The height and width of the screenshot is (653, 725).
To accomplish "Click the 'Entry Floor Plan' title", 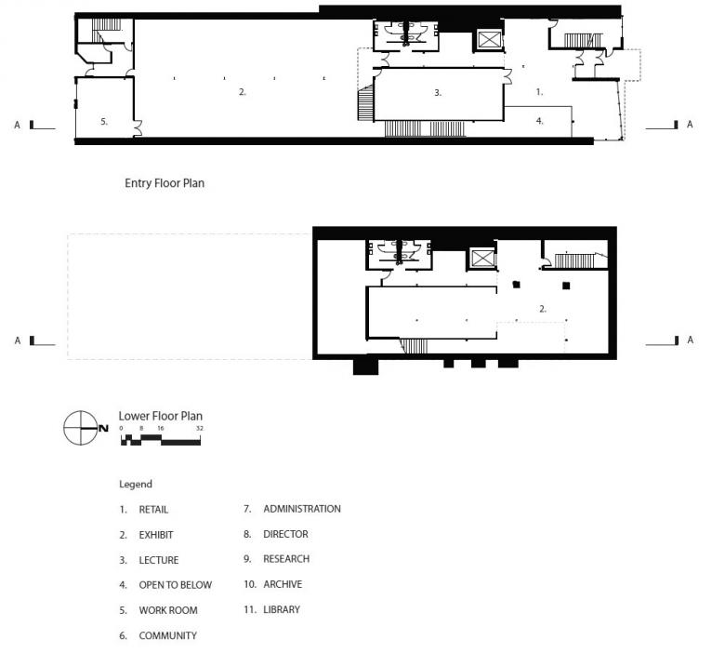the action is [x=165, y=183].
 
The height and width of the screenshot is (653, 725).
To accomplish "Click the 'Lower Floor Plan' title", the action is [x=161, y=416].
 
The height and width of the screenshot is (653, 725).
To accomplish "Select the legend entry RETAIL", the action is [x=144, y=510].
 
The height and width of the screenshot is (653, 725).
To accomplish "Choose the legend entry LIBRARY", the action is [x=271, y=610].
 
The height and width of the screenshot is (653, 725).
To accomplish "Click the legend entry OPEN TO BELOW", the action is [x=165, y=585].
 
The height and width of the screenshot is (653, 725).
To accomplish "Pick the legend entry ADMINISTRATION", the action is [x=292, y=509].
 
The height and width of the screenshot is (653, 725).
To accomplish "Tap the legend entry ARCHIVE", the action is [x=272, y=584].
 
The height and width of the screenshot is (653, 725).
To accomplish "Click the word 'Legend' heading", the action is [x=136, y=485].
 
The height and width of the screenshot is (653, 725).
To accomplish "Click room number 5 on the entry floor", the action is [x=104, y=122].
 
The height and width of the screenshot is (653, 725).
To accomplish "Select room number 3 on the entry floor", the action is [x=438, y=93].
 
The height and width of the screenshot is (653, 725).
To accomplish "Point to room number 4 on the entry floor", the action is [x=540, y=121].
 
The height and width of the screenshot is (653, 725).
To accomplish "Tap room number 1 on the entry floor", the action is [x=539, y=92].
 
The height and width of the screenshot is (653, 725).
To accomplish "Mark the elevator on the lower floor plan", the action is [x=482, y=259].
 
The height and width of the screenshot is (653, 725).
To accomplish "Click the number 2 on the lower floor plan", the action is [x=543, y=309].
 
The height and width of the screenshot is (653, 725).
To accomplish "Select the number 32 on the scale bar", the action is [x=199, y=429].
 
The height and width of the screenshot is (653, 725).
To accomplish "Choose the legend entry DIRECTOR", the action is [x=276, y=534].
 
